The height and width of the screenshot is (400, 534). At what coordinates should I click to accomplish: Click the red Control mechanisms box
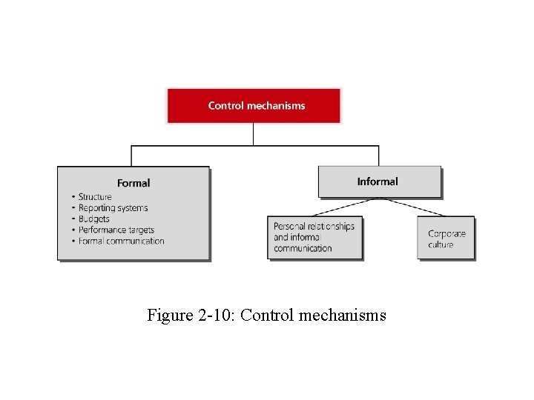[x=253, y=105]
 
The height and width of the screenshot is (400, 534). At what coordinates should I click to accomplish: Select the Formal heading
[x=133, y=183]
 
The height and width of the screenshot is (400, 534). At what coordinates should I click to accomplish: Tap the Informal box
[x=379, y=181]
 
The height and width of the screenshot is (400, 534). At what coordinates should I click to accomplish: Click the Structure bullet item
[x=95, y=197]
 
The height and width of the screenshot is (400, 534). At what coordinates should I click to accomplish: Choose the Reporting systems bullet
[x=113, y=208]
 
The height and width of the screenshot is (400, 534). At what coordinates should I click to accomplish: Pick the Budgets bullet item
[x=93, y=219]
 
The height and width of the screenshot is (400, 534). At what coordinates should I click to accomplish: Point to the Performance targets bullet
[x=116, y=230]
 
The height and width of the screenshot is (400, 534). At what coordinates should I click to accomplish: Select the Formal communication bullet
[x=121, y=241]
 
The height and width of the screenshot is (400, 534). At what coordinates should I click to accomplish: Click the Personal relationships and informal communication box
[x=314, y=237]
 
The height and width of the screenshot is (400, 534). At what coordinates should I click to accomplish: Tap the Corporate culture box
[x=446, y=239]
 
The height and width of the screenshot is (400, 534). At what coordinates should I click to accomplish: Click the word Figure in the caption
[x=170, y=316]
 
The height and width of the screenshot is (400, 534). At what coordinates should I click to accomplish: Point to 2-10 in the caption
[x=215, y=316]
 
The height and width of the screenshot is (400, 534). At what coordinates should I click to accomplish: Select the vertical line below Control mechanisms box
[x=254, y=134]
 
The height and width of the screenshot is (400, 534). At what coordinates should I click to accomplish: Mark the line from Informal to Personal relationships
[x=347, y=207]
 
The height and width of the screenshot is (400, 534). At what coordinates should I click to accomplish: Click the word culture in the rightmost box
[x=441, y=244]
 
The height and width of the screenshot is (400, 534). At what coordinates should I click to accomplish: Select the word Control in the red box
[x=225, y=105]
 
